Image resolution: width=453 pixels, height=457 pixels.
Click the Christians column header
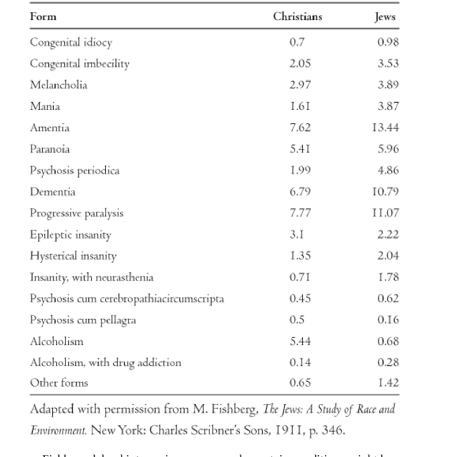coord(297,17)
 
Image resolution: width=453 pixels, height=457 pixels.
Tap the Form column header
coord(43,17)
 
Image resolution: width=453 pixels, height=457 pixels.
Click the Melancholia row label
coord(58,85)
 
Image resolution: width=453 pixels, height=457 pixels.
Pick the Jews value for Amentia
coord(387,128)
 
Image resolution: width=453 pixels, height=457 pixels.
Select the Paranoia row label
coord(50,149)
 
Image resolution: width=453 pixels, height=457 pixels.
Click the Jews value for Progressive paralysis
coord(387,213)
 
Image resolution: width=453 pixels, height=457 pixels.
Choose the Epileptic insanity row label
coord(70,235)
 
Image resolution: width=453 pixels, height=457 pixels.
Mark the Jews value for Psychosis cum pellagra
coord(388,320)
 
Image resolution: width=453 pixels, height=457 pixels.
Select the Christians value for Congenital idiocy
coord(297,42)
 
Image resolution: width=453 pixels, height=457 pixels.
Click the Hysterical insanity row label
coord(73,256)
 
